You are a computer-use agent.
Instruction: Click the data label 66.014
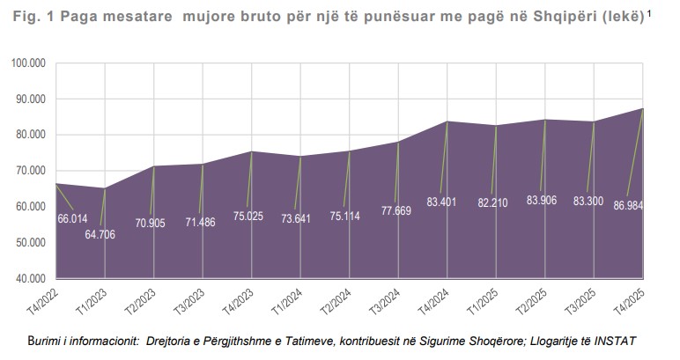coord(74,218)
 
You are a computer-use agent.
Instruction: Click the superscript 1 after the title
coord(650,12)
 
